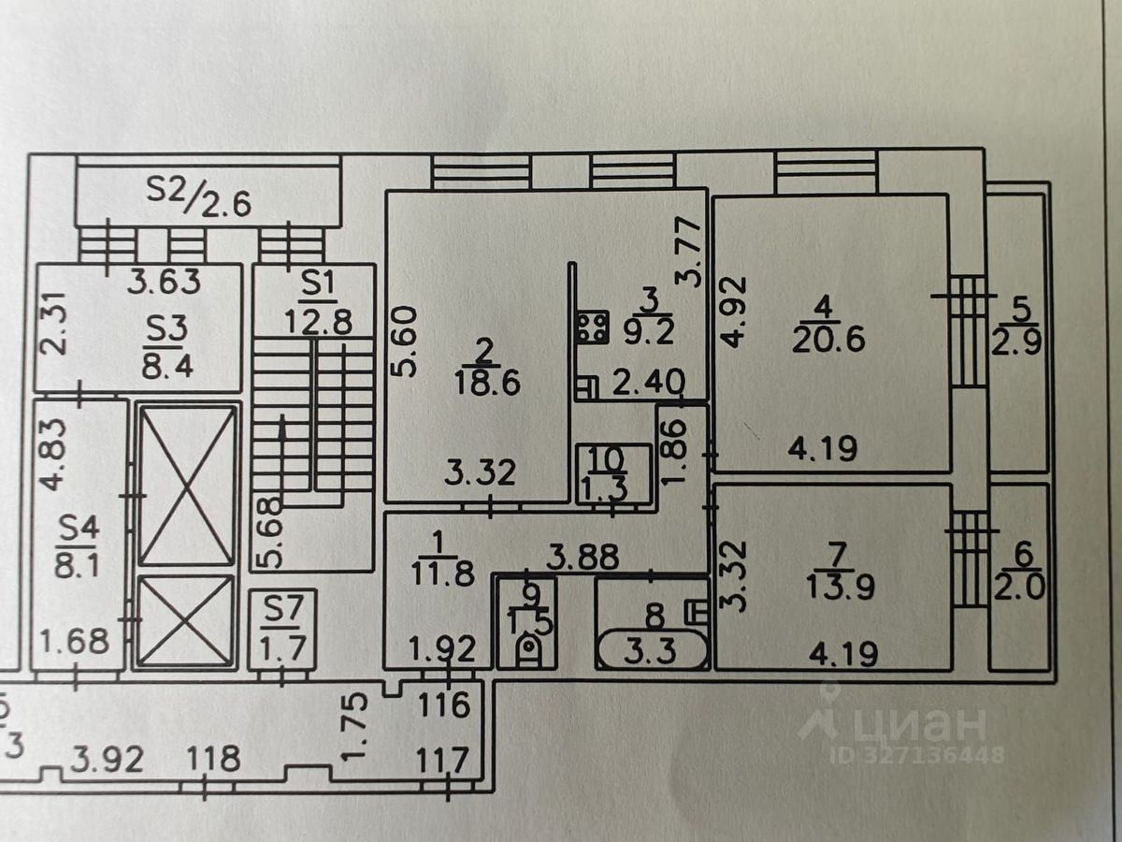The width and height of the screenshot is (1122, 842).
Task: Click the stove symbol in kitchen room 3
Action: click(x=593, y=327)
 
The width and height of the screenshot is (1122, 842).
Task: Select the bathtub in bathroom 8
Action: click(x=652, y=649)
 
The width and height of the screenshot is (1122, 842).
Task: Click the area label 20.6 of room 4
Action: click(x=828, y=339)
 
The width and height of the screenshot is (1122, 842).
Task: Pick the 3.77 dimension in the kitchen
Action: click(x=687, y=252)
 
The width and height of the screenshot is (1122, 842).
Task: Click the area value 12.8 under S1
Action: click(x=317, y=322)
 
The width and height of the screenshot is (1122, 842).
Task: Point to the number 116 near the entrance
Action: click(x=444, y=704)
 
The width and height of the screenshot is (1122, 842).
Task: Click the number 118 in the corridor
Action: click(x=213, y=758)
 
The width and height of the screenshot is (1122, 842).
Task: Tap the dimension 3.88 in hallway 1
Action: click(x=583, y=557)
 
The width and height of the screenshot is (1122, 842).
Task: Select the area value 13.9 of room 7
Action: click(x=841, y=586)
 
